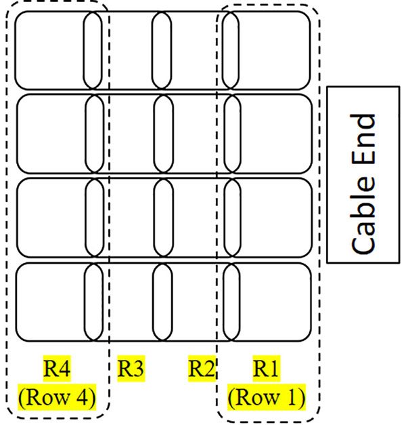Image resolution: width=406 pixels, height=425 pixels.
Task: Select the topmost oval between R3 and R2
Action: point(162,50)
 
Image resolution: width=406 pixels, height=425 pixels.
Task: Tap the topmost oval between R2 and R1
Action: point(231,50)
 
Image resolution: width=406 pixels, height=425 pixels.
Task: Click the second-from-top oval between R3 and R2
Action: point(162,133)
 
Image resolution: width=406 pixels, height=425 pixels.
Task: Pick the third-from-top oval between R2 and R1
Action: point(231,217)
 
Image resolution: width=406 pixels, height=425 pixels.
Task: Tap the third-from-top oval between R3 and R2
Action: point(162,217)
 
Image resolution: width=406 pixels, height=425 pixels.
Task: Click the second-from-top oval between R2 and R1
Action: point(231,133)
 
